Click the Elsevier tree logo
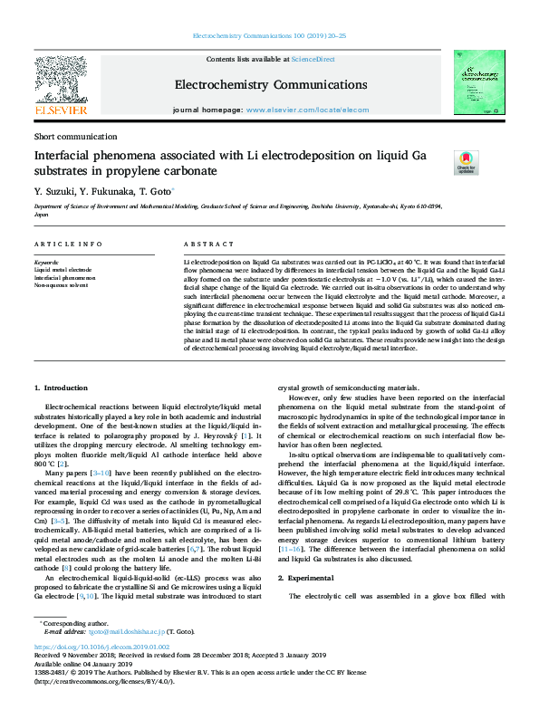pos(60,80)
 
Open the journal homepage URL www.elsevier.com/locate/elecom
pos(307,110)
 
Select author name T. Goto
pos(154,191)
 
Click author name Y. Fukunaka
pos(104,191)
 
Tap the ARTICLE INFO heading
pos(68,244)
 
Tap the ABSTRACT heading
pos(203,244)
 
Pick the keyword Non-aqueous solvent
pos(61,284)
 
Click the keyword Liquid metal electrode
pos(63,270)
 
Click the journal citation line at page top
pos(269,36)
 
